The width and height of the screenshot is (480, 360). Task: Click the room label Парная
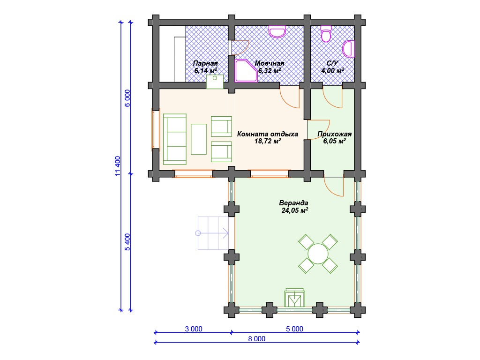pyautogui.click(x=205, y=63)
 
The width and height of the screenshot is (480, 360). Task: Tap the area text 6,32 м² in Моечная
pyautogui.click(x=270, y=71)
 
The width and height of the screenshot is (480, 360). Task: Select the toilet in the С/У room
pyautogui.click(x=326, y=34)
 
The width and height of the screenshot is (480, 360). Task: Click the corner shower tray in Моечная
pyautogui.click(x=246, y=71)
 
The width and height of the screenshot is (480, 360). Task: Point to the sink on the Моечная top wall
pyautogui.click(x=277, y=31)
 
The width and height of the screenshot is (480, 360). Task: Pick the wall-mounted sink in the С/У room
pyautogui.click(x=348, y=49)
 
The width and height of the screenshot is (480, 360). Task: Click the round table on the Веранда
pyautogui.click(x=318, y=254)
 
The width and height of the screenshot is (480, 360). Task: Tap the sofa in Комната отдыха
pyautogui.click(x=175, y=139)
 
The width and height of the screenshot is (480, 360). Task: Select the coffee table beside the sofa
pyautogui.click(x=199, y=139)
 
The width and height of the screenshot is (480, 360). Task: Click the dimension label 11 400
pyautogui.click(x=118, y=166)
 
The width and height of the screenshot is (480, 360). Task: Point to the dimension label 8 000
pyautogui.click(x=256, y=338)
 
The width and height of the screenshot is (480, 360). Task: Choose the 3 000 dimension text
pyautogui.click(x=194, y=329)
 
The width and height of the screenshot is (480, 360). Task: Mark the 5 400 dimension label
pyautogui.click(x=127, y=242)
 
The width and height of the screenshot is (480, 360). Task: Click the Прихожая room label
pyautogui.click(x=334, y=134)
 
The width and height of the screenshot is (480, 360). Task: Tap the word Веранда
pyautogui.click(x=293, y=203)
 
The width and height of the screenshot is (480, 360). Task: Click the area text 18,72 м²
pyautogui.click(x=268, y=141)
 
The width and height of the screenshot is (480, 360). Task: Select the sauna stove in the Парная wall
pyautogui.click(x=215, y=82)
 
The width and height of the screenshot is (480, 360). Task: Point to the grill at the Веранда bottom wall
pyautogui.click(x=294, y=298)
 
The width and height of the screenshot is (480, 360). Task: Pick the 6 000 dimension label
pyautogui.click(x=127, y=98)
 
